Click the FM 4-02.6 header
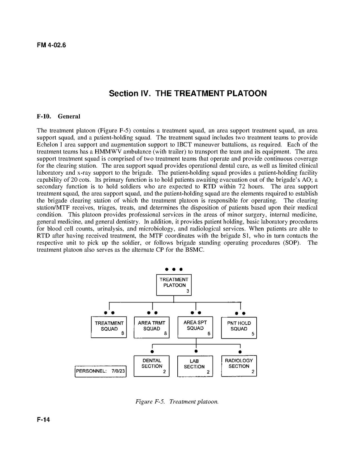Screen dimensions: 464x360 pos(51,45)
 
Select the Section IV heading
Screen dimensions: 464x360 pos(188,93)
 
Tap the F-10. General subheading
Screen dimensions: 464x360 pos(58,116)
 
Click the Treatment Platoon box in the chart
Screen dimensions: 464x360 pos(174,285)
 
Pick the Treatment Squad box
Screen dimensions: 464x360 pos(109,327)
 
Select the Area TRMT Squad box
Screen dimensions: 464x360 pos(152,327)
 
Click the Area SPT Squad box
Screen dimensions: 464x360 pos(195,327)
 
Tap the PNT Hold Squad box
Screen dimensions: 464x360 pos(239,327)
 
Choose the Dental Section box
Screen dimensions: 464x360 pos(152,366)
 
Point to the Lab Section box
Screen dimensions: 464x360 pos(195,366)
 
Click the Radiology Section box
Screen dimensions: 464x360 pos(239,366)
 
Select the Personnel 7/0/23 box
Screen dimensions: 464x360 pos(101,371)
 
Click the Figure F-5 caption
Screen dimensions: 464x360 pos(177,402)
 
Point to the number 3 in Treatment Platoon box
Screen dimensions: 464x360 pos(187,292)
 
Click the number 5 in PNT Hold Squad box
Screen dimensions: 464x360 pos(252,335)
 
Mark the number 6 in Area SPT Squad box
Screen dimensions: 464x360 pos(209,334)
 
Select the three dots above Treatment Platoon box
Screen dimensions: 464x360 pos(174,269)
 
